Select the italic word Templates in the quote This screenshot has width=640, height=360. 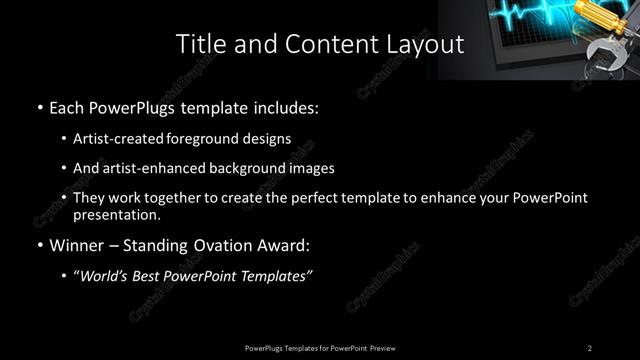[x=277, y=276]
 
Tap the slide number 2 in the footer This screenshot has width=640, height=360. [x=590, y=347]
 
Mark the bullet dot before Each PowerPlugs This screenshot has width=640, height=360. [x=38, y=106]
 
